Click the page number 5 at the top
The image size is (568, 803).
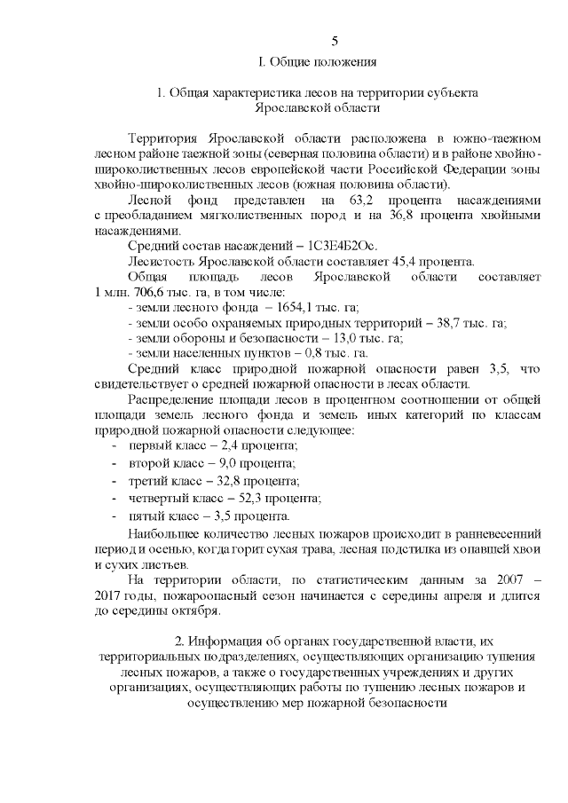[x=335, y=41]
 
